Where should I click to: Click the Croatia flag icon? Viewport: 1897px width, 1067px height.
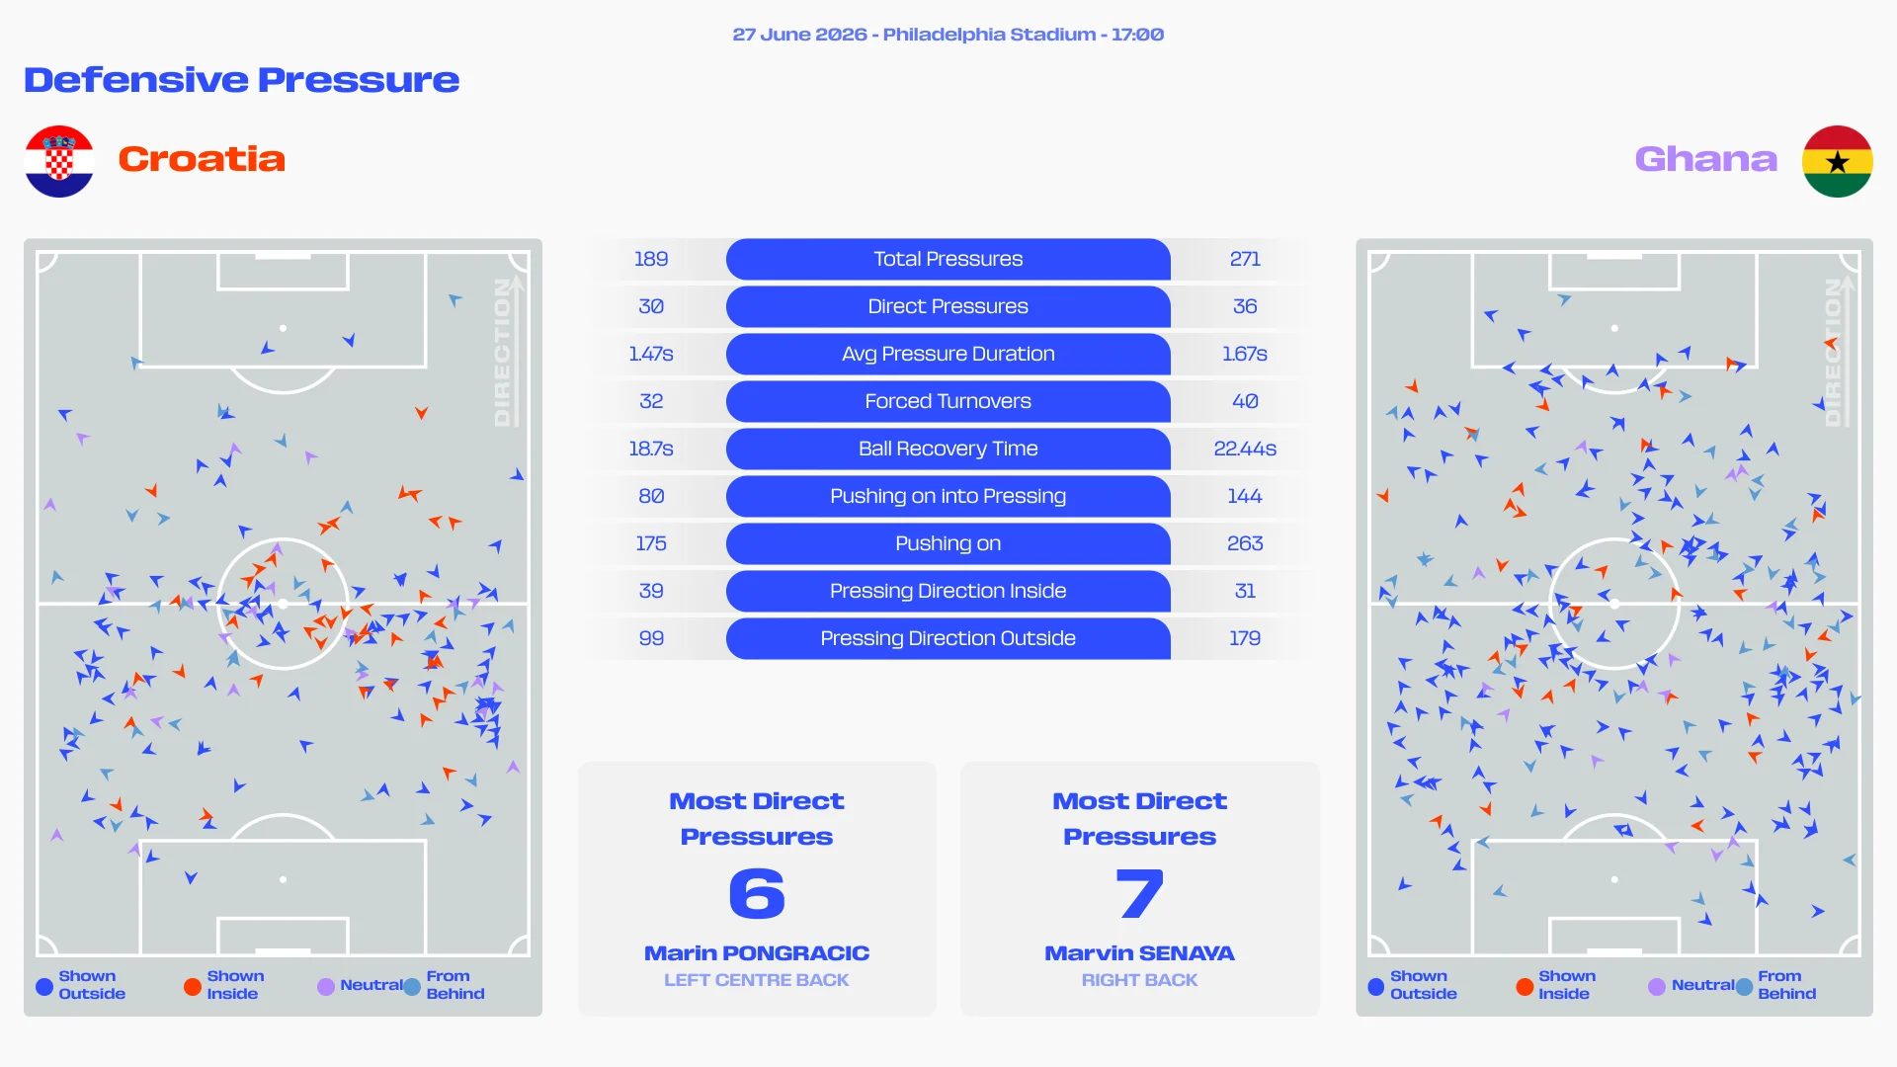[59, 161]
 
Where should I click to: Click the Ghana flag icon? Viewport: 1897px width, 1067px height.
[1838, 161]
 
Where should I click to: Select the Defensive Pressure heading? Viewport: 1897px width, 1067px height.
[242, 80]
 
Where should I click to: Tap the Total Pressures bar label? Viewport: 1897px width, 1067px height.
[948, 259]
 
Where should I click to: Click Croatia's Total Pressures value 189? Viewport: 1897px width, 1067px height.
[651, 259]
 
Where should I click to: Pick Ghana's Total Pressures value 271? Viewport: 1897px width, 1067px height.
[1245, 259]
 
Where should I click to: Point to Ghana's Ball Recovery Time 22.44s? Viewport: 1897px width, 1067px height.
[1245, 449]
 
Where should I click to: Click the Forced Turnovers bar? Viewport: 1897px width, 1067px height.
[948, 401]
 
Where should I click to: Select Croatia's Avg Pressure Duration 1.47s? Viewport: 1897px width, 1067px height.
[651, 354]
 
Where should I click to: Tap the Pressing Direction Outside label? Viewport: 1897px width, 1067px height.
[948, 638]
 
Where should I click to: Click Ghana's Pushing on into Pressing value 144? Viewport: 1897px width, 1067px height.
[1245, 496]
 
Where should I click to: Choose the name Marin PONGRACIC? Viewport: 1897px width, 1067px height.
[757, 953]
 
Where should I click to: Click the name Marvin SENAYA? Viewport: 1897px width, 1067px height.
[1140, 953]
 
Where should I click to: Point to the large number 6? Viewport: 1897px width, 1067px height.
[757, 894]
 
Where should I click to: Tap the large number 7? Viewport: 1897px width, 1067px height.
[1140, 894]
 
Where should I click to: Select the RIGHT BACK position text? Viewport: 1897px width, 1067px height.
[1140, 980]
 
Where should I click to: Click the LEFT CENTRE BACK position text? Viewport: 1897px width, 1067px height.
[757, 980]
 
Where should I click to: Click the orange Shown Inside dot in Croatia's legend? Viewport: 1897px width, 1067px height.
[193, 986]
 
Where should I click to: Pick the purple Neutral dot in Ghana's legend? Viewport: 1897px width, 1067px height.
[1657, 986]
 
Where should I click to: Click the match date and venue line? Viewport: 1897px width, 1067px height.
[948, 35]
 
